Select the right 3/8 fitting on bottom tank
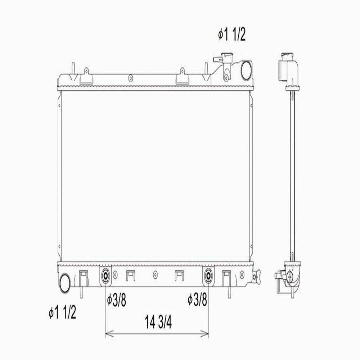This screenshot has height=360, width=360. pyautogui.click(x=208, y=276)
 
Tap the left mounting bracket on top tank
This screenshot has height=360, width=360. pyautogui.click(x=86, y=76)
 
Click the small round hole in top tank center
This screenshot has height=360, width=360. pyautogui.click(x=130, y=77)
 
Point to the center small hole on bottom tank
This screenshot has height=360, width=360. pyautogui.click(x=155, y=275)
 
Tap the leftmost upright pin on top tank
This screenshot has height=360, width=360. pyautogui.click(x=72, y=68)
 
